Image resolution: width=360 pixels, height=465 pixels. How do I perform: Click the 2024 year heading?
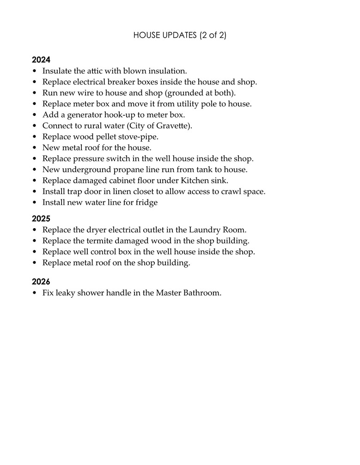click(x=41, y=60)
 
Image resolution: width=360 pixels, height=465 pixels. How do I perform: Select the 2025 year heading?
click(x=41, y=218)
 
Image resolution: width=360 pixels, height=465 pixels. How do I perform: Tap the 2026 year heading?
click(x=41, y=281)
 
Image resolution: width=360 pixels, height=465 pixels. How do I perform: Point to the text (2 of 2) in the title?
click(x=214, y=36)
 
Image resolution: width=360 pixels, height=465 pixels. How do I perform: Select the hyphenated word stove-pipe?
click(x=139, y=137)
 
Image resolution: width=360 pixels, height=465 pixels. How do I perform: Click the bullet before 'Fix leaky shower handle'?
click(x=35, y=293)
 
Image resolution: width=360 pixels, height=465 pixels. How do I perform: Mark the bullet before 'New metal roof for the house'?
click(x=35, y=148)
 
